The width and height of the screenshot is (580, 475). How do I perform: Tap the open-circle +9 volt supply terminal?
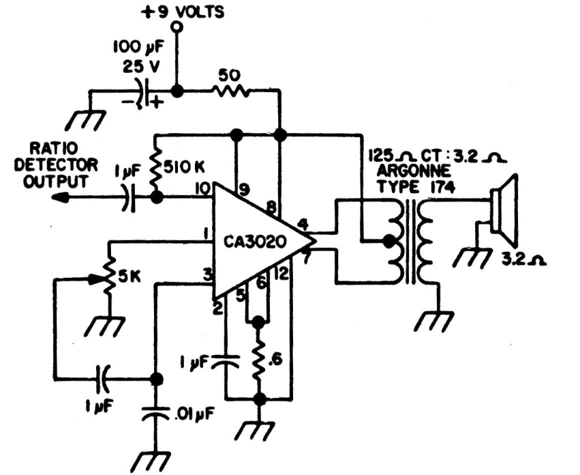[x=177, y=28]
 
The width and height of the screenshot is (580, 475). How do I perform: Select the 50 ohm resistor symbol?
[x=229, y=91]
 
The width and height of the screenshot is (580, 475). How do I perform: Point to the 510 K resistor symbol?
[x=157, y=166]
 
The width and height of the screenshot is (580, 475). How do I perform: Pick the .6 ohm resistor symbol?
[x=258, y=360]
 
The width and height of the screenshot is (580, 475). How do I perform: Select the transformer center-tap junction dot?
[x=389, y=241]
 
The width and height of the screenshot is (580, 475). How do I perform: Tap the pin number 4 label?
[x=302, y=223]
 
